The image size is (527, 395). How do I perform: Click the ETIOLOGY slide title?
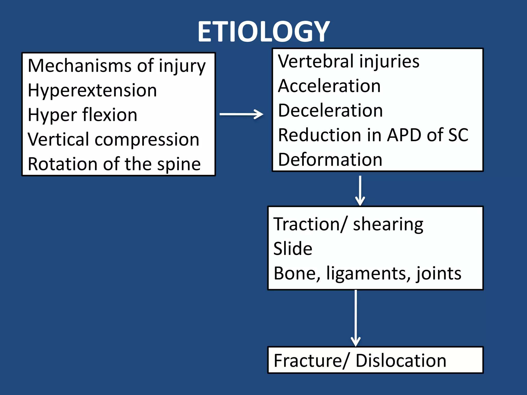pos(263,31)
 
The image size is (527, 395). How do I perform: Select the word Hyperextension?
pos(92,90)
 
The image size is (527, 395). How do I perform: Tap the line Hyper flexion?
pos(82,115)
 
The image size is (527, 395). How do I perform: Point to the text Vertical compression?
pos(113,139)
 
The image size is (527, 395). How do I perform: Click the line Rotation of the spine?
pos(114,164)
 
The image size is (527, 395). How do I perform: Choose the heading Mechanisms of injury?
pos(117,66)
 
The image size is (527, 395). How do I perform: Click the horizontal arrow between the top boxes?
pos(241,114)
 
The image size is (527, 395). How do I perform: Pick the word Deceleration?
pos(330,110)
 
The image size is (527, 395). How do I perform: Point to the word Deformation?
pos(330,159)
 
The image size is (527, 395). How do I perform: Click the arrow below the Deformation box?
pos(360,190)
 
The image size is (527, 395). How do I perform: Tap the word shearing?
pos(388,224)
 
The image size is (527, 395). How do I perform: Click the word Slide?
pos(293,248)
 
